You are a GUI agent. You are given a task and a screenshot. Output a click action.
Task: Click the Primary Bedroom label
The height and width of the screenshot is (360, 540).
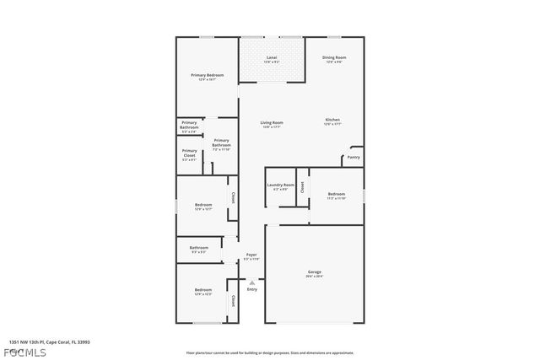[x=207, y=75]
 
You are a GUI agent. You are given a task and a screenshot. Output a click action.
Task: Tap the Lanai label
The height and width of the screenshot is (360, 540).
[x=271, y=58]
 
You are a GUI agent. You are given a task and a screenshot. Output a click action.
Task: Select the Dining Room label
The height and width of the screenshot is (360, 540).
[x=334, y=57]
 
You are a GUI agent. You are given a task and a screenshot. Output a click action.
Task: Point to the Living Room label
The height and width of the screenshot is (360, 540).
[x=272, y=122]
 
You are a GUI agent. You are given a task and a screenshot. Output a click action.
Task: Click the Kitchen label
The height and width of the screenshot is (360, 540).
[x=334, y=120]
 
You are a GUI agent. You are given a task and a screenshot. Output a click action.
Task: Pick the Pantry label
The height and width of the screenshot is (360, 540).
[x=354, y=157]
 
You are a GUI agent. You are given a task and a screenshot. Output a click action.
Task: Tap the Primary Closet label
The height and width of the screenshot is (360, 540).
[x=189, y=152]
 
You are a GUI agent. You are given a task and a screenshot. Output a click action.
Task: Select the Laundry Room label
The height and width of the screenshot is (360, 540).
[x=281, y=185]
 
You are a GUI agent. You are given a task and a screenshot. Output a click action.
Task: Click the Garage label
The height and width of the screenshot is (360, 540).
[x=314, y=272]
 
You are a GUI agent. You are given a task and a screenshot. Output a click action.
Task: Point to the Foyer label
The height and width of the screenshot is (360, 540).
[x=251, y=254]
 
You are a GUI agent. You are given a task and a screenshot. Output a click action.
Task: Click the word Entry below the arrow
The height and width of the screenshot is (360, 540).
[x=251, y=289]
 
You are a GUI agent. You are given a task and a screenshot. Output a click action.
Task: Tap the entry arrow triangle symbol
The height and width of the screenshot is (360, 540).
[x=251, y=282]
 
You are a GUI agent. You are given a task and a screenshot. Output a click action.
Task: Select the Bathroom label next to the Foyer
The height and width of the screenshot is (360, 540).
[x=199, y=247]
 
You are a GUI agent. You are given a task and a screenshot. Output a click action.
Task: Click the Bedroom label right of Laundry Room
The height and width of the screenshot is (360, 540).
[x=337, y=194]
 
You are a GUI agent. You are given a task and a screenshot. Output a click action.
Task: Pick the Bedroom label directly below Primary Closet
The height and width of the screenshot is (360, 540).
[x=203, y=204]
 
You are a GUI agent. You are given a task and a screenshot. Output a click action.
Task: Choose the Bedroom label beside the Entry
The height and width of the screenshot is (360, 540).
[x=203, y=290]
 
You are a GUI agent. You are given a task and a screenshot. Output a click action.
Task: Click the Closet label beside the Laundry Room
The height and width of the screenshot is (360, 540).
[x=302, y=185]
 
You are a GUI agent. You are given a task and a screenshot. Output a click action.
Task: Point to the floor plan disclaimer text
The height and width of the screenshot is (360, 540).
[x=270, y=352]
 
